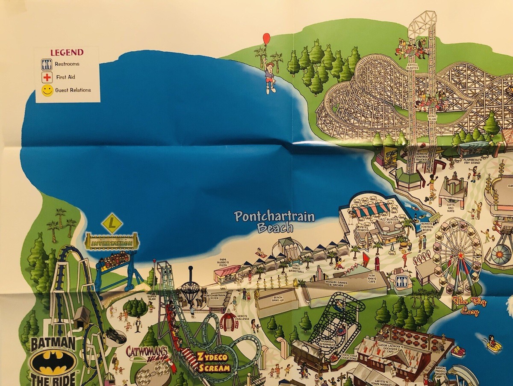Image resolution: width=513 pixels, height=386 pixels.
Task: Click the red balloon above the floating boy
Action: (x=267, y=38)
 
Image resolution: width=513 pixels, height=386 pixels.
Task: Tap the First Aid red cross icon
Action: (x=47, y=77)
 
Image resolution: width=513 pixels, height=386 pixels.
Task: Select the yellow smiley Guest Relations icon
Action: (x=47, y=90)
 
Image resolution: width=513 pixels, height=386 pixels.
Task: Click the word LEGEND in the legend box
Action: (x=67, y=53)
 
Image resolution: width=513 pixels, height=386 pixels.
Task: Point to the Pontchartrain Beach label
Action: (x=274, y=221)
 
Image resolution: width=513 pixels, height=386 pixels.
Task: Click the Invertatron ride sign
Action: (x=112, y=241)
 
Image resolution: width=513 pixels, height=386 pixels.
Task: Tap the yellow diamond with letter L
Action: (x=112, y=223)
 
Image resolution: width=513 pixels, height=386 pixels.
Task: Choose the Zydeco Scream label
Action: (x=213, y=362)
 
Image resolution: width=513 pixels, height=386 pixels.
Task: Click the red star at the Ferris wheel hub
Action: (x=461, y=255)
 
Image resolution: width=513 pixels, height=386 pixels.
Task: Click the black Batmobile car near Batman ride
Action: (x=115, y=336)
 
